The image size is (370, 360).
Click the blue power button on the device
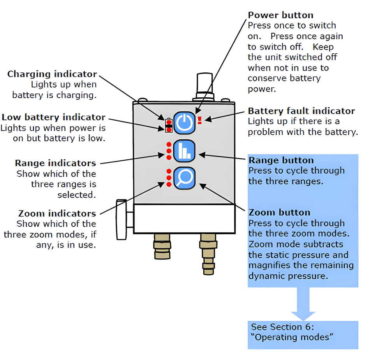(x=184, y=123)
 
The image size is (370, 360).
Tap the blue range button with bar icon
(x=184, y=151)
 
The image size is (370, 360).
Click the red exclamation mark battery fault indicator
(x=199, y=120)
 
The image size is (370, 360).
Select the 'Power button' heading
(x=280, y=15)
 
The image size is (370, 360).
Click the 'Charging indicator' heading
(x=52, y=74)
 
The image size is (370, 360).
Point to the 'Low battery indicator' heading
(x=53, y=117)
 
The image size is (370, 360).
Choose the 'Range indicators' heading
(x=55, y=163)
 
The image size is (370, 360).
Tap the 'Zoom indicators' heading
(x=57, y=213)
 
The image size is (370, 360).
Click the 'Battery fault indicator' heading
(x=301, y=111)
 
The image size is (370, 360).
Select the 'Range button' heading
(x=281, y=160)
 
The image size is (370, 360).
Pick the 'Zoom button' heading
(x=279, y=212)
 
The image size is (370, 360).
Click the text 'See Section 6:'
(x=282, y=327)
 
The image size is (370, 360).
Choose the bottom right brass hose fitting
(x=208, y=253)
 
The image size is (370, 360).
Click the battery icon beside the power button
(x=169, y=125)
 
